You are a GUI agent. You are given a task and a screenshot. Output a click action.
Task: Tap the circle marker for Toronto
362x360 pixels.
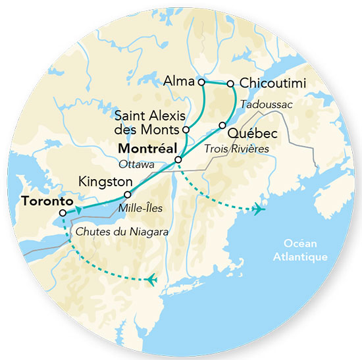pyautogui.click(x=62, y=213)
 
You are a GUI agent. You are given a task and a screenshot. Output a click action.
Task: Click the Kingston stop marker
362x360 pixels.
pyautogui.click(x=127, y=195)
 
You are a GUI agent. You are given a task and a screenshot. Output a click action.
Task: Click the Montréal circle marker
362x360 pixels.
pyautogui.click(x=178, y=160)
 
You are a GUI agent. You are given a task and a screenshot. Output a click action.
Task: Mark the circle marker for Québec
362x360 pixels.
pyautogui.click(x=222, y=125)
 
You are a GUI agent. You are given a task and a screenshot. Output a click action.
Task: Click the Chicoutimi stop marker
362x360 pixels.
pyautogui.click(x=231, y=84)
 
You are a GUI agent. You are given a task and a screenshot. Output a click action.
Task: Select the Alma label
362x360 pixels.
pyautogui.click(x=179, y=82)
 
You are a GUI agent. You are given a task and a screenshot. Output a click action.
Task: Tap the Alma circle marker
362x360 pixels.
pyautogui.click(x=202, y=82)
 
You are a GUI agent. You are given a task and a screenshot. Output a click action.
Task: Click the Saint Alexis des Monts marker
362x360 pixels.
pyautogui.click(x=186, y=129)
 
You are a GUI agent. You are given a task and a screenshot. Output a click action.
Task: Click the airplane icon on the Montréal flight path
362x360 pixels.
pyautogui.click(x=258, y=209)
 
